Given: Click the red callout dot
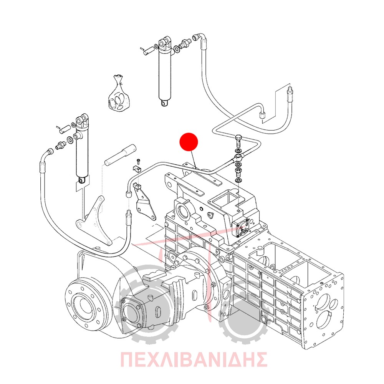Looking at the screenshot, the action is point(189,142).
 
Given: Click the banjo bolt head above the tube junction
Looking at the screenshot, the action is point(239,139).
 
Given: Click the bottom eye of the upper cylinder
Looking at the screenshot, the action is point(164,103).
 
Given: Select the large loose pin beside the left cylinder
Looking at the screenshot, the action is point(121,155).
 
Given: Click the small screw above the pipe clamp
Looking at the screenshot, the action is point(138,161).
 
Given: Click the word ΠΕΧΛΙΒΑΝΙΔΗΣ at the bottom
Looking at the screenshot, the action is point(194,359).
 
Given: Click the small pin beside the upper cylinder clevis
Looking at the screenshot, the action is point(148,51).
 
